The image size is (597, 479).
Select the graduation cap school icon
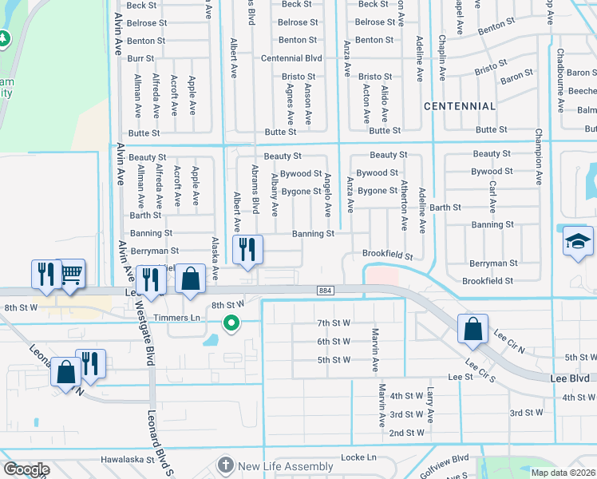click(x=578, y=243)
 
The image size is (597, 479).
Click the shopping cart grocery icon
click(x=71, y=275)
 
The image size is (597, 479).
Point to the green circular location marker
click(x=231, y=323)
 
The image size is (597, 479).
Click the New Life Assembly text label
click(x=285, y=466)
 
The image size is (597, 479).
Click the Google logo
click(x=26, y=469)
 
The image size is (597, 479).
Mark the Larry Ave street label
click(x=430, y=404)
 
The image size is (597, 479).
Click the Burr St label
click(x=140, y=58)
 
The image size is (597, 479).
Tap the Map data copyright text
click(x=563, y=473)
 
